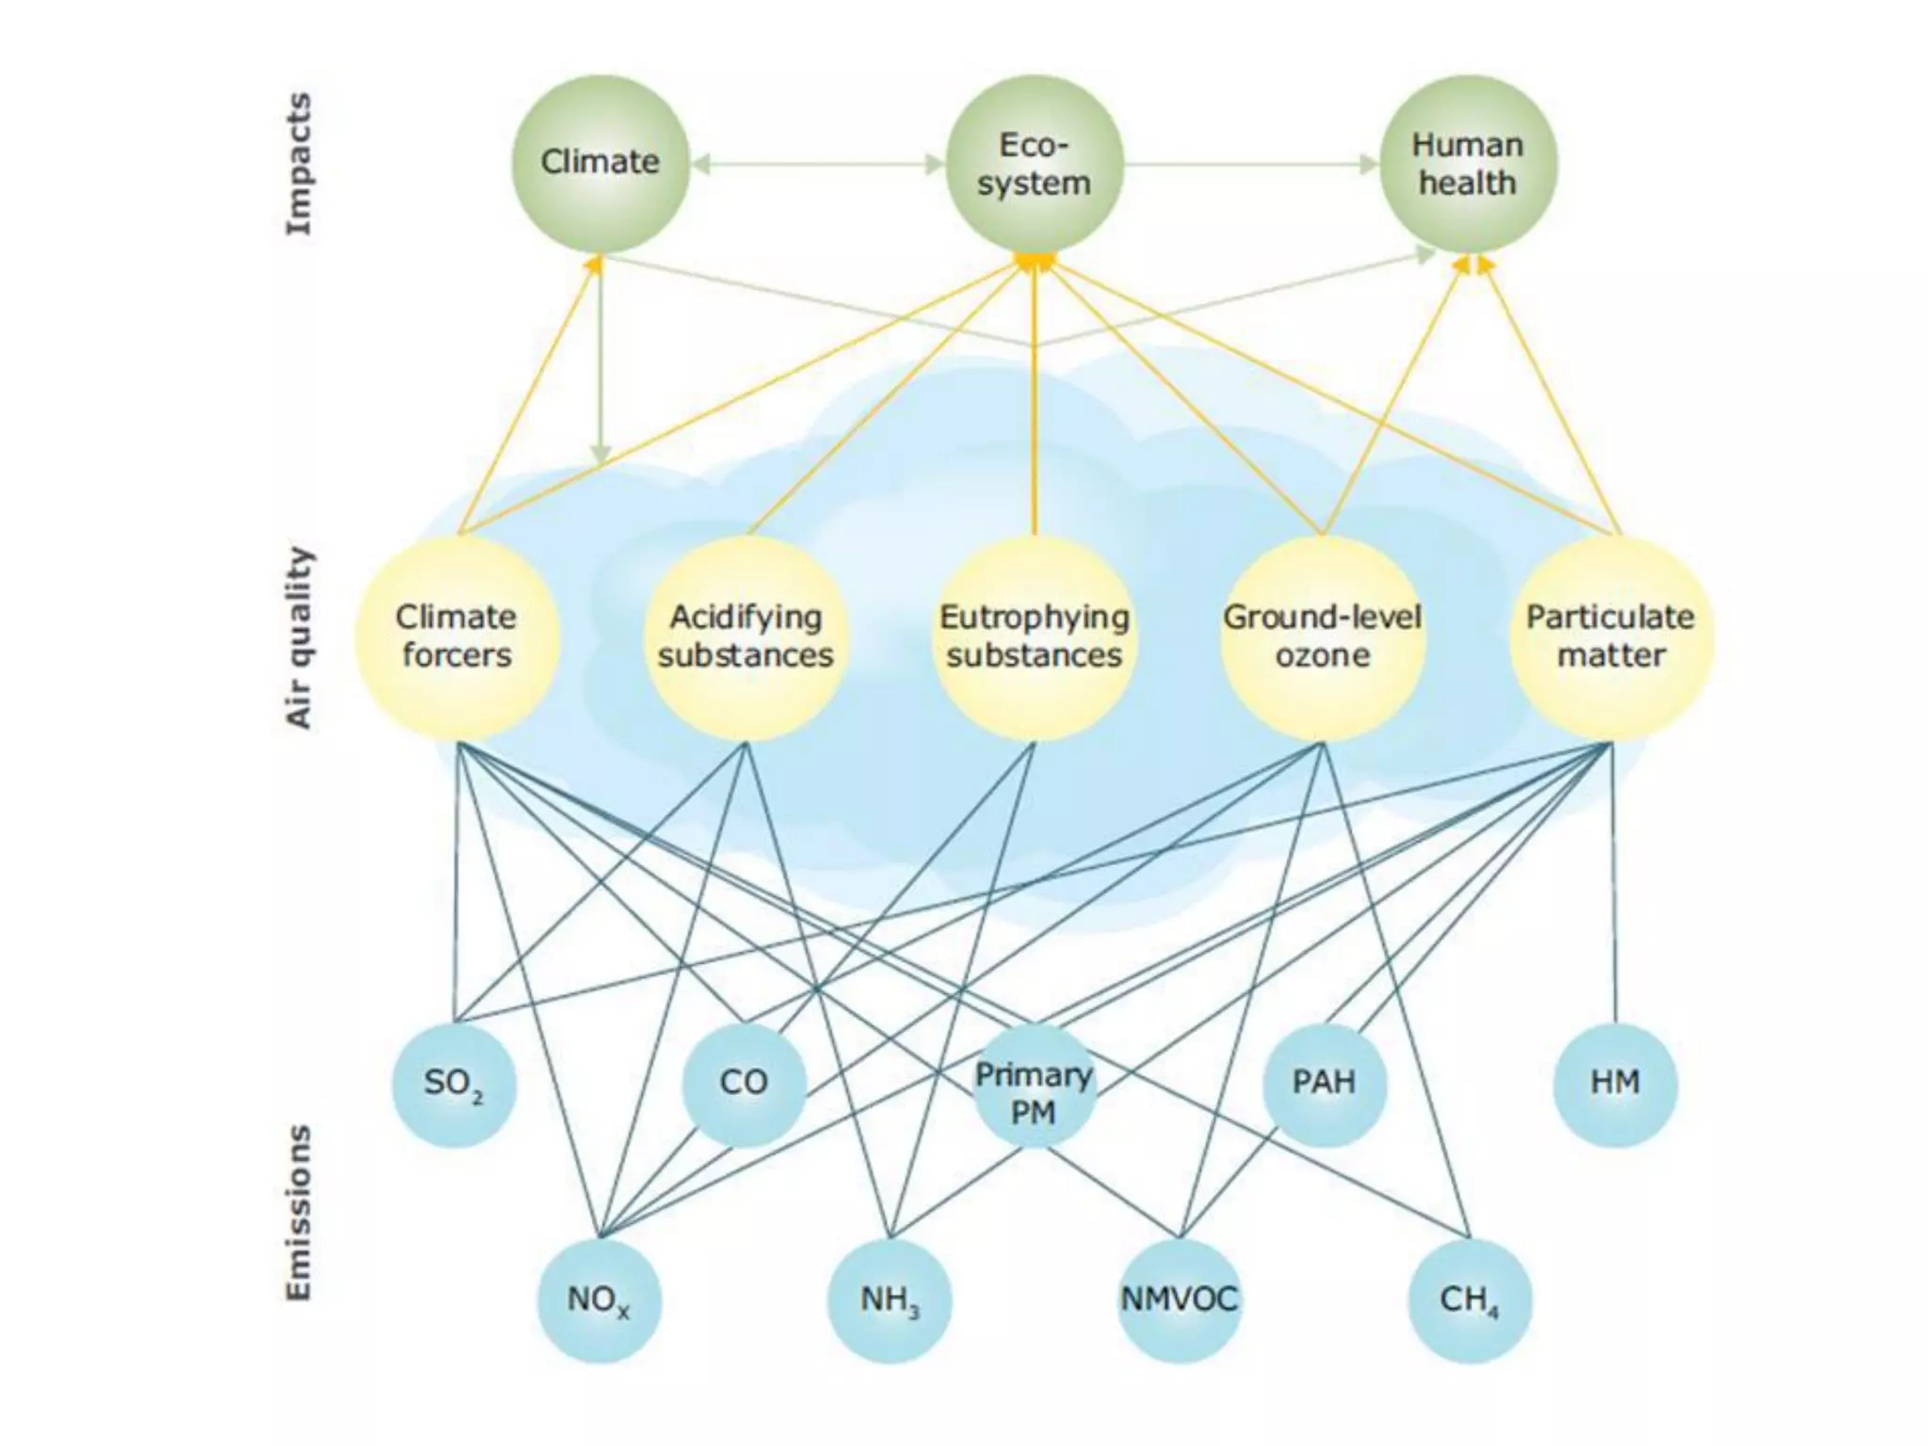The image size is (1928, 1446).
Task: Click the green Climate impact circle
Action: [601, 164]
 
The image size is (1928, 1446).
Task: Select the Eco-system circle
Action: [1035, 164]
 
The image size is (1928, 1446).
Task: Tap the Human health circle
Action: [1468, 164]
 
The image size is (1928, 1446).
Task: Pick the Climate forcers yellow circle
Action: [457, 637]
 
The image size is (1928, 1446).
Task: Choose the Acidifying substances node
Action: [746, 637]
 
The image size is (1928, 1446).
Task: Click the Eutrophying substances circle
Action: [1035, 637]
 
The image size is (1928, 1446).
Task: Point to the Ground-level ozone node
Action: [1323, 637]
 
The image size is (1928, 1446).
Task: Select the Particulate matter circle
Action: [1612, 637]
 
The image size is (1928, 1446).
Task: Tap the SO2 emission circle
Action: [454, 1084]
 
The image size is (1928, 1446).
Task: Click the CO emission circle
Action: [744, 1084]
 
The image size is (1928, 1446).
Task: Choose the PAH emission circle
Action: [1324, 1084]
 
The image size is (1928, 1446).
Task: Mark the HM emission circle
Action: [1615, 1084]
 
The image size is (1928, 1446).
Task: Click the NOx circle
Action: [600, 1301]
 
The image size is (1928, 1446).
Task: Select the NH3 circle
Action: [890, 1301]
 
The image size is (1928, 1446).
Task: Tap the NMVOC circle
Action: [1179, 1301]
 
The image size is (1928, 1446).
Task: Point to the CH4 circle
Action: [1470, 1301]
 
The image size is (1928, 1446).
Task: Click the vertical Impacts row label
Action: [298, 164]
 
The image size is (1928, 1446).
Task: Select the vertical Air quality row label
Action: [298, 637]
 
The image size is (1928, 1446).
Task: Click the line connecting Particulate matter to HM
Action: [1614, 885]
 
